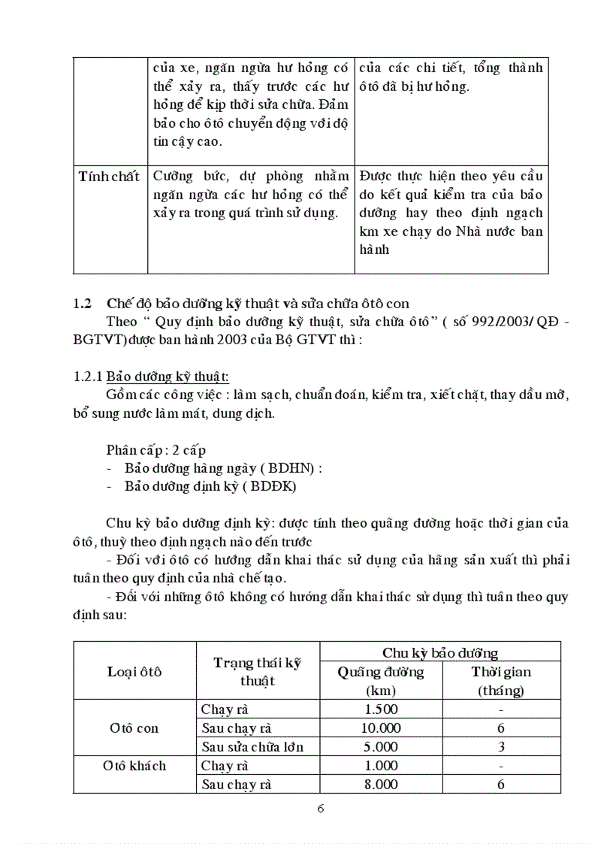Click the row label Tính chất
(x=110, y=177)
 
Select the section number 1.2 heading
(x=82, y=304)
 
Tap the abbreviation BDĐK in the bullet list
(x=272, y=486)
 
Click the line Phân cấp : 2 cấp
(x=156, y=449)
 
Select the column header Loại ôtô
(x=134, y=671)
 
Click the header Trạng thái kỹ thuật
(x=258, y=671)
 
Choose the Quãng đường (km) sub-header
(x=381, y=681)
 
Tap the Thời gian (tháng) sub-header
(x=501, y=681)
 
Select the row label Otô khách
(x=134, y=766)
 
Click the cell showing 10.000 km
(x=381, y=728)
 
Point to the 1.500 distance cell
(x=380, y=709)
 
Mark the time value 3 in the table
(x=501, y=747)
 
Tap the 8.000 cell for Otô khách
(x=380, y=784)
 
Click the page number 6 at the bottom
(x=321, y=809)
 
